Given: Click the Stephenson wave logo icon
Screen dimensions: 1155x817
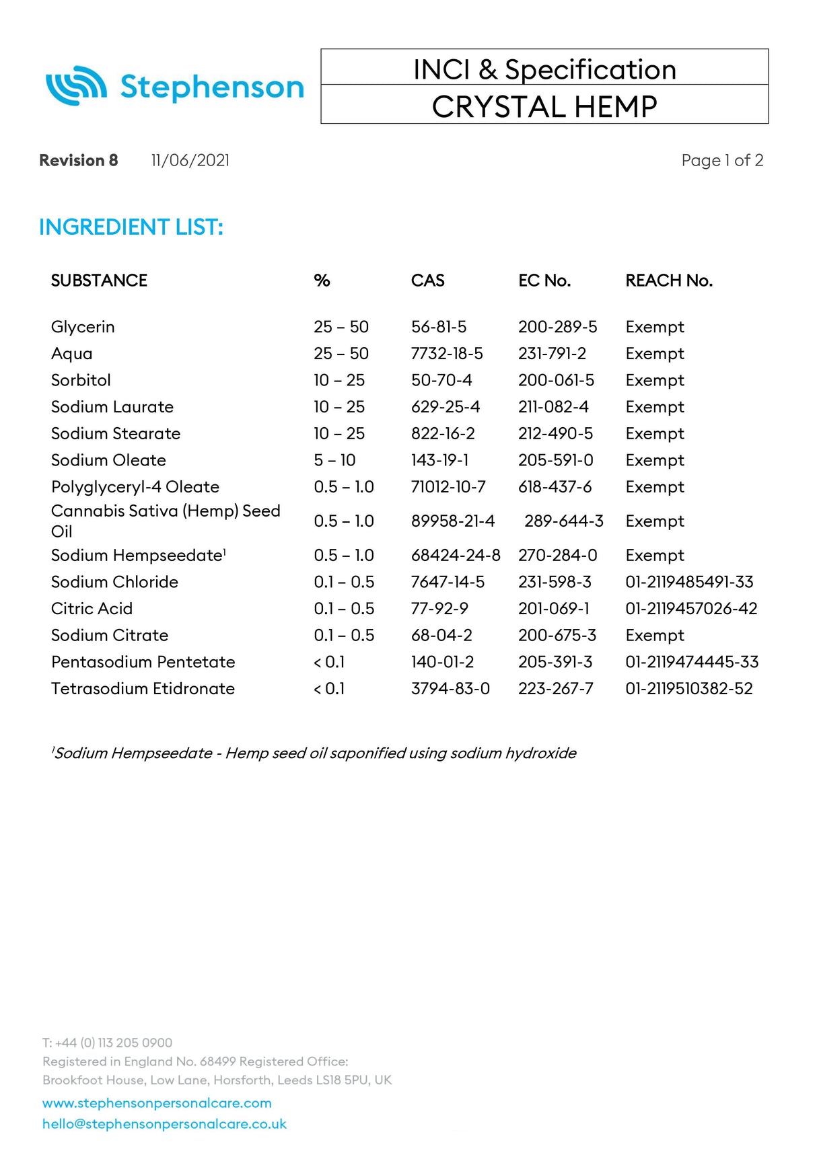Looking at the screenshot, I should click(x=76, y=86).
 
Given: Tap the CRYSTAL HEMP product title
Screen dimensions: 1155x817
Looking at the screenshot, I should click(x=544, y=106).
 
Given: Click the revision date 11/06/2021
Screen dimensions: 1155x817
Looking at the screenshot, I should click(x=190, y=160).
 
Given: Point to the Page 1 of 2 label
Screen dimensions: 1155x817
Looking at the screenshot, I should click(x=721, y=160).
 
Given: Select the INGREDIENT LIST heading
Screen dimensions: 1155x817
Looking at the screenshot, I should click(x=131, y=227).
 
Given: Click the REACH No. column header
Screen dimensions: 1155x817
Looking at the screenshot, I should click(x=668, y=281).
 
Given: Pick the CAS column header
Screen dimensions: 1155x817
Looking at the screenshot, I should click(x=427, y=281).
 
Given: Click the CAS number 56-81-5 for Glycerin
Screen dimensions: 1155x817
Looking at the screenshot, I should click(x=438, y=327).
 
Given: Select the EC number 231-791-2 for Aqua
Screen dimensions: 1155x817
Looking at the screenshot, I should click(x=552, y=354).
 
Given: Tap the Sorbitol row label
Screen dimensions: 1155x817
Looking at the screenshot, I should click(x=81, y=380).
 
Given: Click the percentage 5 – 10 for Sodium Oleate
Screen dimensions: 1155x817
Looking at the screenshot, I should click(x=334, y=460).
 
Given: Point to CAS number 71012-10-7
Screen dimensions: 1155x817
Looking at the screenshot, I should click(x=448, y=487).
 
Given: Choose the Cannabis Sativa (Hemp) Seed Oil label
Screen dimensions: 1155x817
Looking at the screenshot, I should click(x=165, y=520).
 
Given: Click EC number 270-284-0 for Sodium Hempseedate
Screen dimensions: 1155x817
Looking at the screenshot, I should click(x=557, y=556).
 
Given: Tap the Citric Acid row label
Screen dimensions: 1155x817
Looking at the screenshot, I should click(x=92, y=609).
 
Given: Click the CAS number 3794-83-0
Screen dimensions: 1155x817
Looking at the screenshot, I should click(x=450, y=689).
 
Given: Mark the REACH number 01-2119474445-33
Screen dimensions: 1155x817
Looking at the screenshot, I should click(x=691, y=662).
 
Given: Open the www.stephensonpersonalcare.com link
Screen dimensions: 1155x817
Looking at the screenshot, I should click(x=157, y=1103).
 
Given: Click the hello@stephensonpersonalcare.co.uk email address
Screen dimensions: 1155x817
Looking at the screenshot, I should click(x=164, y=1124).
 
